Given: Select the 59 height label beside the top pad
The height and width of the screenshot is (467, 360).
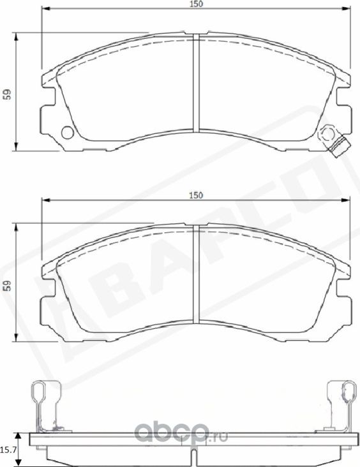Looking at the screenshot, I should (6, 94).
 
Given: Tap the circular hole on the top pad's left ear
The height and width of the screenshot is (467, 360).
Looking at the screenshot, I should (66, 133).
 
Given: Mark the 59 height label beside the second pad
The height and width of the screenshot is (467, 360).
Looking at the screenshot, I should (6, 286).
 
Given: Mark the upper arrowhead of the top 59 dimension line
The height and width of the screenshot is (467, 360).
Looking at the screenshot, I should (16, 35).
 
